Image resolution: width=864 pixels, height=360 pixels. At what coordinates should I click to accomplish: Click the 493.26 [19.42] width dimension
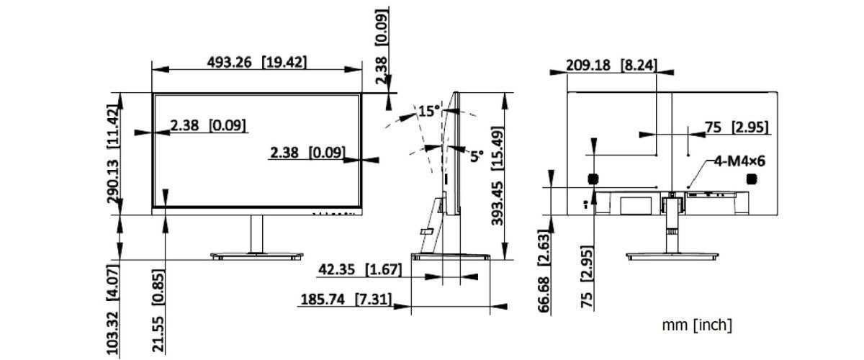(x=257, y=63)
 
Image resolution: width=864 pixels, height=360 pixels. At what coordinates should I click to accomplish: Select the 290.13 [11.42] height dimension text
(x=113, y=153)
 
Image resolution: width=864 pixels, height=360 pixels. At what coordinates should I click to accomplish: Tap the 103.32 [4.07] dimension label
(x=113, y=310)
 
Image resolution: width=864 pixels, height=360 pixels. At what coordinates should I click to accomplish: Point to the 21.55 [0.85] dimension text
(x=158, y=311)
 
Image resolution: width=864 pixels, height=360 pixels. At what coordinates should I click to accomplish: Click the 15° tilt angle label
(x=429, y=111)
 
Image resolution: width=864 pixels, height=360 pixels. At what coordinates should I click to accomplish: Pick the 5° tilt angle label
(x=477, y=156)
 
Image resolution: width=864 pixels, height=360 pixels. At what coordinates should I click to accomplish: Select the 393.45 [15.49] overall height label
(x=498, y=176)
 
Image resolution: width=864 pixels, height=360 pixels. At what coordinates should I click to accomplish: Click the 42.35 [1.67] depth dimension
(x=360, y=270)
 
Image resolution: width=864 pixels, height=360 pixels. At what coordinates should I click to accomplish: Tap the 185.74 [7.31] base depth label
(x=346, y=299)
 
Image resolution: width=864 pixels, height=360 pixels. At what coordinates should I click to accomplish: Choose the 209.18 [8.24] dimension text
(x=611, y=66)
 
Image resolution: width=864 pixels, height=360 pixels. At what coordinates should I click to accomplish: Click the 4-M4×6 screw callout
(x=739, y=161)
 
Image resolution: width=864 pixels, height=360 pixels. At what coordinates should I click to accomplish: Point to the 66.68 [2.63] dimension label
(x=544, y=271)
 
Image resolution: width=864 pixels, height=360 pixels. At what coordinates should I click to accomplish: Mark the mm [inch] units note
(x=697, y=325)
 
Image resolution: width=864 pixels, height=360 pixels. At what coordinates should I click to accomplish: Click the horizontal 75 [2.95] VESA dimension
(x=737, y=127)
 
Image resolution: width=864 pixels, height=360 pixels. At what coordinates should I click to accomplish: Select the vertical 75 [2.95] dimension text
(x=587, y=276)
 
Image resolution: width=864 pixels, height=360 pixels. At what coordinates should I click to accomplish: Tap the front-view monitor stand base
(x=257, y=256)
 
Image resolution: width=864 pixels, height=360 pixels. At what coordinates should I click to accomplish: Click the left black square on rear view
(x=593, y=179)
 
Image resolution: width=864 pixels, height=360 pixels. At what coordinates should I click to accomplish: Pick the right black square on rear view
(x=752, y=179)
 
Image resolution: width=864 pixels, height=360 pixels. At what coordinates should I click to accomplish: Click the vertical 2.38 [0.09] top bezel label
(x=382, y=45)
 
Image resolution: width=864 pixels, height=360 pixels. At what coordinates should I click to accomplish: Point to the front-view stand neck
(x=257, y=234)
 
